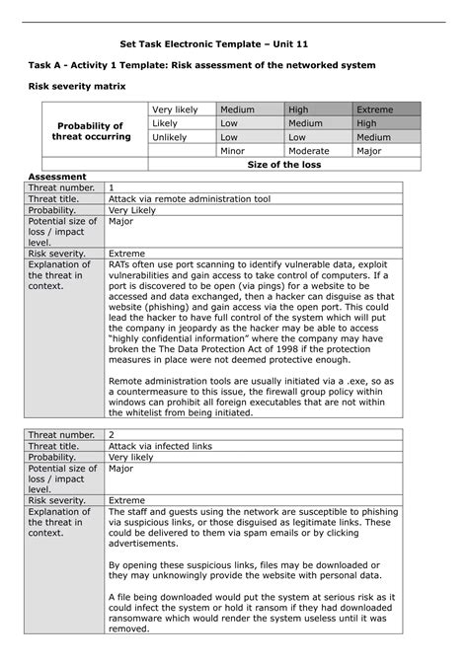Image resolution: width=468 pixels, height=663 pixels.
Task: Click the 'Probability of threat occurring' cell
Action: (89, 130)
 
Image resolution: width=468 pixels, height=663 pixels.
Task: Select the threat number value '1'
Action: (112, 186)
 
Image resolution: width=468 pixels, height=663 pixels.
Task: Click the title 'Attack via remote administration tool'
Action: (189, 198)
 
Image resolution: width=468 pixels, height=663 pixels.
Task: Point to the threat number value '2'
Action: (112, 434)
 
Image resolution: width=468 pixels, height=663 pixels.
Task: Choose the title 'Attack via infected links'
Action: (163, 446)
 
